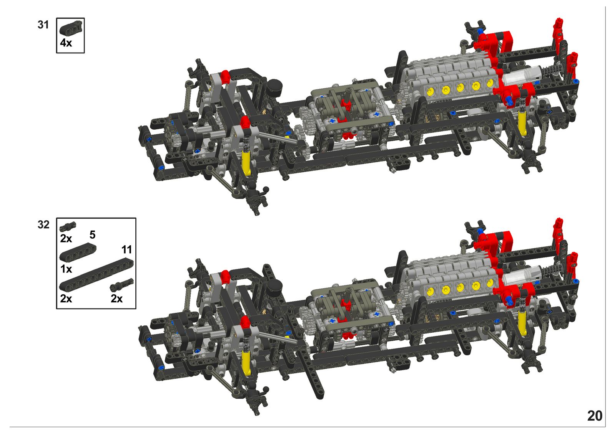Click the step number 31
tap(43, 25)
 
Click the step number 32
tap(43, 224)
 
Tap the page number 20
tap(595, 416)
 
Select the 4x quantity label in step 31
tap(66, 43)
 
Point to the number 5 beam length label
tap(93, 235)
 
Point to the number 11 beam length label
tap(127, 249)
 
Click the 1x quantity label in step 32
tap(66, 269)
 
